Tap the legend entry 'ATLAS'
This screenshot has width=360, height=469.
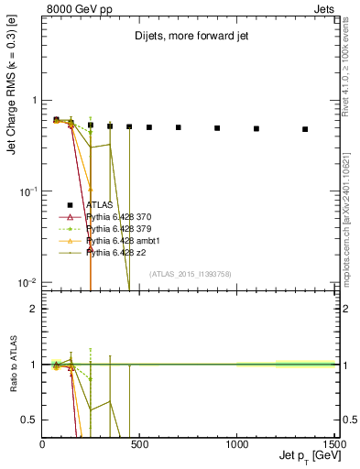coord(98,205)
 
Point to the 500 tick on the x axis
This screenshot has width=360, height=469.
coord(139,444)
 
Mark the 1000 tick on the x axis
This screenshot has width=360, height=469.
coord(236,444)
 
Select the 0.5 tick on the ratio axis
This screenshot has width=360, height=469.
coord(31,420)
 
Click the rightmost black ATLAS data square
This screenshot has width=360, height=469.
coord(305,129)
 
